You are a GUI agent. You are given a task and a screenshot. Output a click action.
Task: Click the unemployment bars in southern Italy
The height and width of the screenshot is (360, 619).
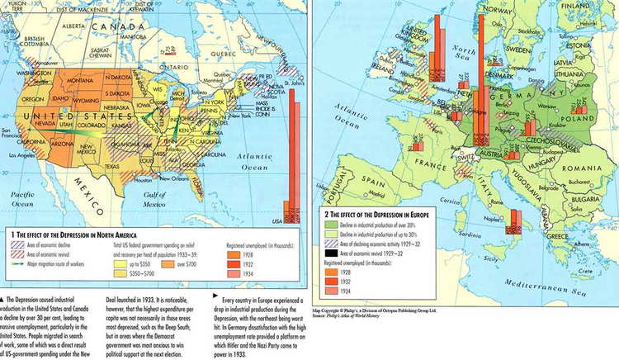click(x=515, y=221)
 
